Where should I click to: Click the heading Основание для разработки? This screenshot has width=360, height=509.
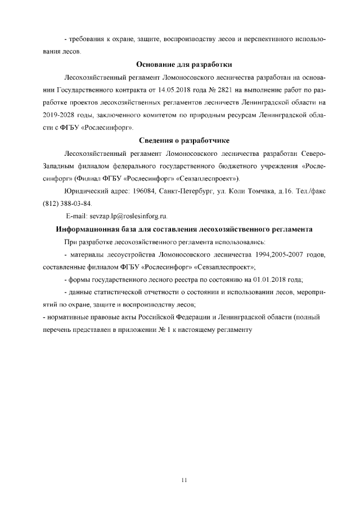point(184,65)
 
